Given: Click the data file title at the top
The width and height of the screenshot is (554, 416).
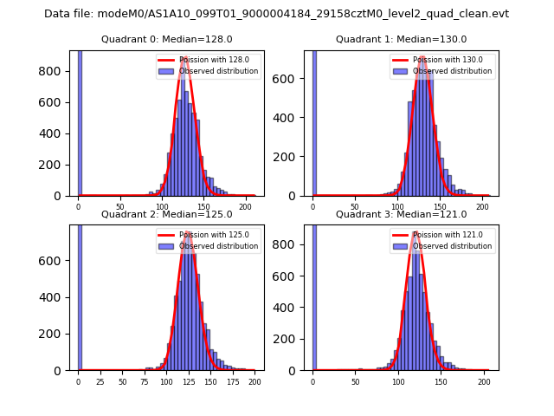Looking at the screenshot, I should click(276, 14).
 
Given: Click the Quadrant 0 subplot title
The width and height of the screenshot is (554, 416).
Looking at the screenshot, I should click(166, 39).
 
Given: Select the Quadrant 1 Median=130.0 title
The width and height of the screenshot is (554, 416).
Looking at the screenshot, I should click(401, 39).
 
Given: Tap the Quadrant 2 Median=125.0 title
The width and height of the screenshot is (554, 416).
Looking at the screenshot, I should click(166, 214).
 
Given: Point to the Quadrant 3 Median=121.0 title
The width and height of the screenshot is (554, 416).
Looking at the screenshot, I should click(401, 214).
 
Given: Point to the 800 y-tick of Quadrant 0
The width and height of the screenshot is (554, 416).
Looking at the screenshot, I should click(48, 71).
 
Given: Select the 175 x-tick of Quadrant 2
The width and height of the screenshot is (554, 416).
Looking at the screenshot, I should click(232, 382).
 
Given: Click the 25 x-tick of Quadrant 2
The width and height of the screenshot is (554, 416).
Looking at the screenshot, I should click(100, 382).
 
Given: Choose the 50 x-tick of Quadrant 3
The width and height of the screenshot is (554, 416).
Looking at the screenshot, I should click(356, 382).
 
